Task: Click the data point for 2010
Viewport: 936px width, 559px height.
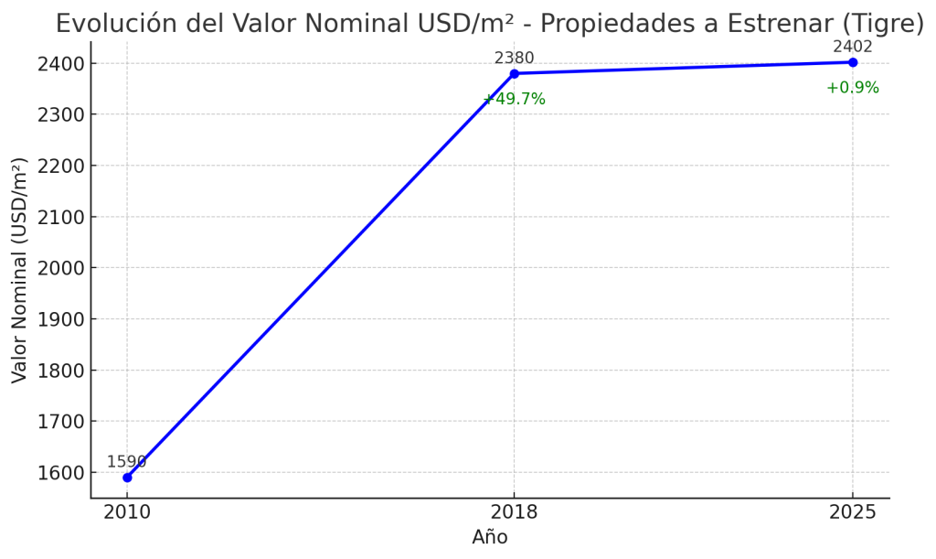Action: pyautogui.click(x=127, y=478)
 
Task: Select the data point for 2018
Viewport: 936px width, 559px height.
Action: pyautogui.click(x=514, y=73)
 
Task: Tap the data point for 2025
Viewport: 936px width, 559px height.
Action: pyautogui.click(x=853, y=62)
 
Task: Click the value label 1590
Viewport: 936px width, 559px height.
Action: pyautogui.click(x=126, y=462)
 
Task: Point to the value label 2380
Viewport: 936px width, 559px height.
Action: pyautogui.click(x=514, y=59)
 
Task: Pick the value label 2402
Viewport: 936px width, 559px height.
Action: pyautogui.click(x=853, y=47)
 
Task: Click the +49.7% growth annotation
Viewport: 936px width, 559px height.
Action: pyautogui.click(x=514, y=99)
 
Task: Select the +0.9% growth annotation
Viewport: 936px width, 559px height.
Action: pyautogui.click(x=853, y=88)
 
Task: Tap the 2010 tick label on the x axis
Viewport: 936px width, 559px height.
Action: pyautogui.click(x=127, y=512)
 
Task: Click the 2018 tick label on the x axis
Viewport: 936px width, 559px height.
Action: pyautogui.click(x=514, y=512)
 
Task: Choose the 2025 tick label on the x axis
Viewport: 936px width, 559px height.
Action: pyautogui.click(x=853, y=512)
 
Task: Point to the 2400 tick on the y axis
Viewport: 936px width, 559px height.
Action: pyautogui.click(x=61, y=64)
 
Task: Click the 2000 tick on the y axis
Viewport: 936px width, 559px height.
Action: pyautogui.click(x=61, y=268)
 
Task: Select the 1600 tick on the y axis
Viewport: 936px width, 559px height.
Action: pyautogui.click(x=61, y=473)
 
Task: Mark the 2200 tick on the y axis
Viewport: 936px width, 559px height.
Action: pyautogui.click(x=61, y=167)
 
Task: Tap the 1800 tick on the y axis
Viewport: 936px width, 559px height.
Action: pyautogui.click(x=61, y=371)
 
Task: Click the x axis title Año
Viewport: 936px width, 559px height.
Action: pyautogui.click(x=490, y=537)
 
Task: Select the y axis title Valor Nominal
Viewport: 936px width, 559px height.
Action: pyautogui.click(x=20, y=270)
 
